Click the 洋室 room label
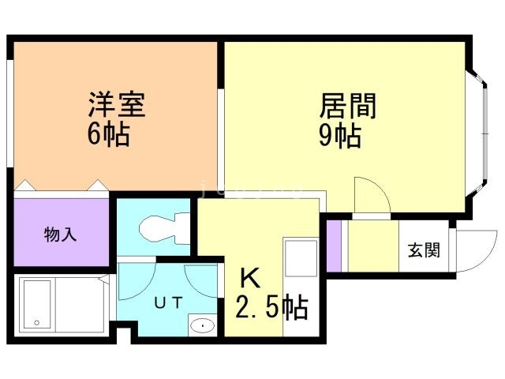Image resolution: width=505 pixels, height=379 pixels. click(116, 105)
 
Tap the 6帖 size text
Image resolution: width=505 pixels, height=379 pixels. click(108, 133)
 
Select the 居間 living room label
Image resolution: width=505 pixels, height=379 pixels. click(347, 105)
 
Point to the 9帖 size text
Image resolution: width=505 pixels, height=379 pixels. click(340, 136)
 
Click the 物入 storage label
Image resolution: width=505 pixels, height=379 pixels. click(61, 235)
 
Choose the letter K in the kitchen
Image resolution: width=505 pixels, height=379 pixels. click(249, 278)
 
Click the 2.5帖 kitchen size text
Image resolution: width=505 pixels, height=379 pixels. click(271, 307)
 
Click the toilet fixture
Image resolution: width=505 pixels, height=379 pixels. click(161, 230)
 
